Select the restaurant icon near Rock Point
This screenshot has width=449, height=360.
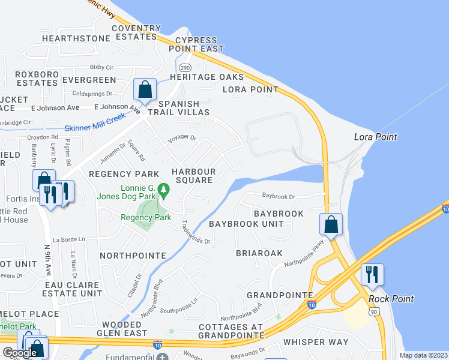pos(372,274)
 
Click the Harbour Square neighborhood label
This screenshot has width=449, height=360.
pos(193,176)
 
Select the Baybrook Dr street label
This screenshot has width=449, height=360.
pos(279,196)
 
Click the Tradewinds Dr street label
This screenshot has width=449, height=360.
pos(196,232)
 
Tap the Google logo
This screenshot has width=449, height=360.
pos(20,353)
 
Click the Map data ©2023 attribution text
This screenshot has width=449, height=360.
pos(423,355)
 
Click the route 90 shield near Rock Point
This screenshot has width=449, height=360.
pos(374,311)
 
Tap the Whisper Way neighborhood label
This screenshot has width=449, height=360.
pos(316,342)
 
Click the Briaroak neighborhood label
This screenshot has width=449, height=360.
pos(259,253)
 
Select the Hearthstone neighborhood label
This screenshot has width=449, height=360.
pos(76,38)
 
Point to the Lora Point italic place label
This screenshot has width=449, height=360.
pos(377,137)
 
